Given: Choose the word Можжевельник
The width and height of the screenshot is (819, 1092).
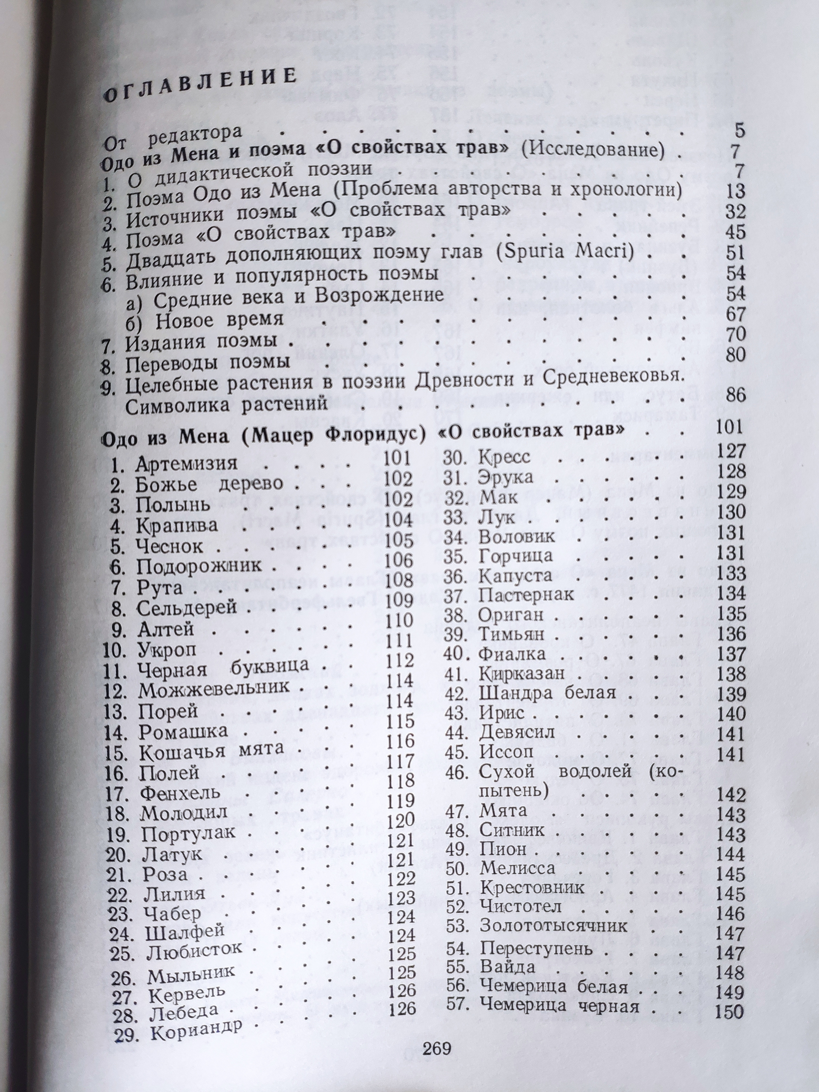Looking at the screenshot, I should pyautogui.click(x=213, y=688).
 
